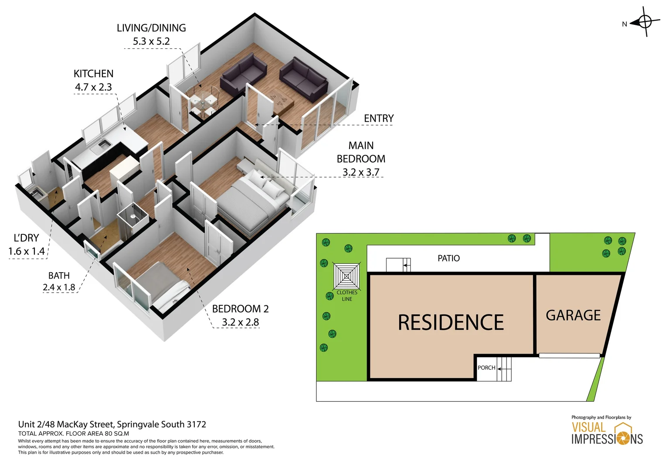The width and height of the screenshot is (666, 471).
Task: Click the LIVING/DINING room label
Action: pos(151,28)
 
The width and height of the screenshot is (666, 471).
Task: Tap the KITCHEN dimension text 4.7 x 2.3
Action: pos(93,87)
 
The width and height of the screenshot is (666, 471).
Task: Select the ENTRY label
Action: pos(378,118)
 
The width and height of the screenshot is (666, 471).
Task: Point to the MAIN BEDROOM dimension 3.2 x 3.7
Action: pos(360,172)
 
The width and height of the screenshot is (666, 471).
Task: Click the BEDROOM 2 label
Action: pos(240,309)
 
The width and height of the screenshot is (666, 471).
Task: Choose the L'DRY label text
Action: pos(26,238)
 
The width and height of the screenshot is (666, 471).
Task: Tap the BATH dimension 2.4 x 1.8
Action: pos(59,287)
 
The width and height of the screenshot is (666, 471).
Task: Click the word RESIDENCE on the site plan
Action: pos(451,323)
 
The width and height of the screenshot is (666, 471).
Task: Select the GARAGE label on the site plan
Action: pos(573,315)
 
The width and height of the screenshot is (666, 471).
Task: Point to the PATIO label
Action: pos(449,258)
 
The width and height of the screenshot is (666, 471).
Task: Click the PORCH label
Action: pos(486,368)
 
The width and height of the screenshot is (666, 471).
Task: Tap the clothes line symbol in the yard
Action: pos(347,276)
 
